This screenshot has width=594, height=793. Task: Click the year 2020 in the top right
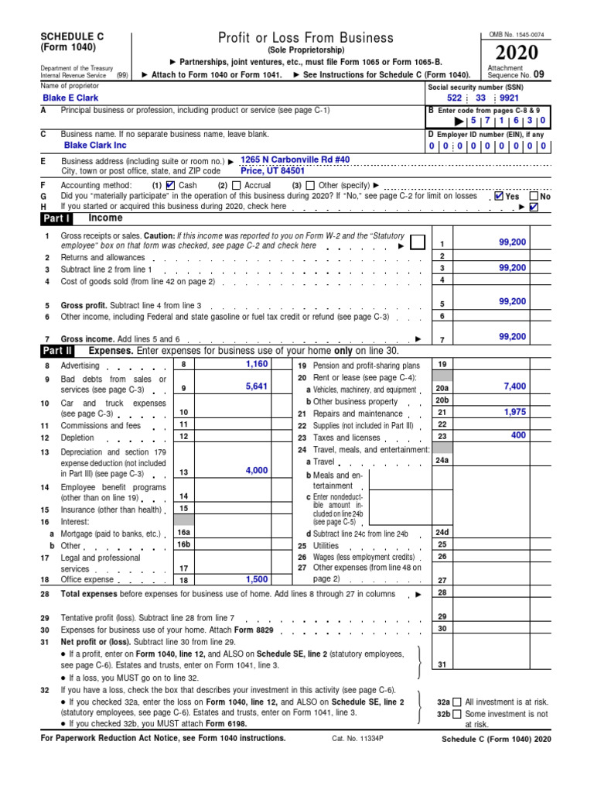pos(513,53)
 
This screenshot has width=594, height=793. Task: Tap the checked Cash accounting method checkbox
pos(171,185)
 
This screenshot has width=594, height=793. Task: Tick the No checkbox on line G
pos(534,196)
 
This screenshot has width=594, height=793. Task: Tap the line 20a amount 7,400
pos(514,386)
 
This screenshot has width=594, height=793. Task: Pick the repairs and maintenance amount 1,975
pos(514,412)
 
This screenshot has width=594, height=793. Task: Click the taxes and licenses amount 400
pos(518,436)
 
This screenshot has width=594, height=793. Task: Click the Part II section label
pos(58,351)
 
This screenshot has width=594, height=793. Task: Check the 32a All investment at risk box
pos(456,702)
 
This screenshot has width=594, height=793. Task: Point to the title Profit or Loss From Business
pos(306,37)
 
